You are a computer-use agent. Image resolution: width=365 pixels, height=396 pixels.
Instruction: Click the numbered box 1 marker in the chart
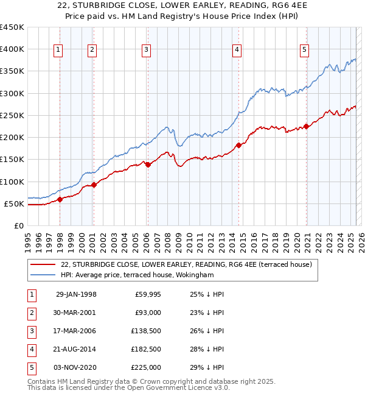(x=58, y=51)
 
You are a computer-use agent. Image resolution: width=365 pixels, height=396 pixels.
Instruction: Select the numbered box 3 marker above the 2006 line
(x=147, y=51)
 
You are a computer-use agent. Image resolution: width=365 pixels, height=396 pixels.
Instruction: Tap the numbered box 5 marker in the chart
(x=304, y=51)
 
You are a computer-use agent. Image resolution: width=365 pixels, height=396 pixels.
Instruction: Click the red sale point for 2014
(x=238, y=145)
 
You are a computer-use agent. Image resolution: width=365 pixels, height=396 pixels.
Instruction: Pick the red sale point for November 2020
(x=307, y=126)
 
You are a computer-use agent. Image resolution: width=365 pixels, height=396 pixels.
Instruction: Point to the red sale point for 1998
(x=60, y=199)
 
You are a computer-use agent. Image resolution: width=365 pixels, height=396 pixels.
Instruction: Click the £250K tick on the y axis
(x=13, y=115)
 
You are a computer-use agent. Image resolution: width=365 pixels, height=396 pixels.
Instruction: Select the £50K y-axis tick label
(x=15, y=203)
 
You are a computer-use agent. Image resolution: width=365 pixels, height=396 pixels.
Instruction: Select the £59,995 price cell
(x=148, y=294)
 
